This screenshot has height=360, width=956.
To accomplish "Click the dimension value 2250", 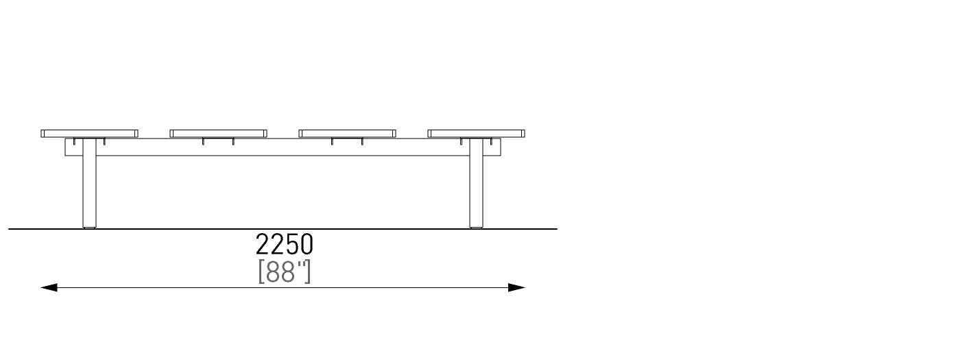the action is (284, 244).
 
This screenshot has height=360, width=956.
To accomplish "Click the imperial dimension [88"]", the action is (285, 272).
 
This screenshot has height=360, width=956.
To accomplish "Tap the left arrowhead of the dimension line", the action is (49, 287).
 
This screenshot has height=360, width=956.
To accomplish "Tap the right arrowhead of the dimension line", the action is (516, 287).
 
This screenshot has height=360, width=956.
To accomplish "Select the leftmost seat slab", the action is (90, 134).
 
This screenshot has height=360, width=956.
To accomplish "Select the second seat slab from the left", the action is (219, 134).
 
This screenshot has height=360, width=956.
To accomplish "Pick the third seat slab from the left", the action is (348, 134).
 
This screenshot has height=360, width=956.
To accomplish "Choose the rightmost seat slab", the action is (477, 134).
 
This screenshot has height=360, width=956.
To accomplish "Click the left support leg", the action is (90, 183).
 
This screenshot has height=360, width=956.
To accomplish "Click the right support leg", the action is (477, 183).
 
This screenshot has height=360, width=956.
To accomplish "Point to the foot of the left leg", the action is (90, 228).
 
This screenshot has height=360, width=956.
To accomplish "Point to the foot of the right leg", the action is (477, 228).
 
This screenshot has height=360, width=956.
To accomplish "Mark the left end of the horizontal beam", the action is (65, 147).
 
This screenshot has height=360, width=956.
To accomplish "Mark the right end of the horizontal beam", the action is (501, 147).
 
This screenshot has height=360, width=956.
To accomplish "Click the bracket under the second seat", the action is (218, 141).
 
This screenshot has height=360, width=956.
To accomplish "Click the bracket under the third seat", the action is (347, 141).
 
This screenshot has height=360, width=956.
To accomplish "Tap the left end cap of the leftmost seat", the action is (43, 134).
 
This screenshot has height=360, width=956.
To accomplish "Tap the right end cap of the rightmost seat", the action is (523, 134).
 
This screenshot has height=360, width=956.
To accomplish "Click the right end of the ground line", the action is (557, 229).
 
